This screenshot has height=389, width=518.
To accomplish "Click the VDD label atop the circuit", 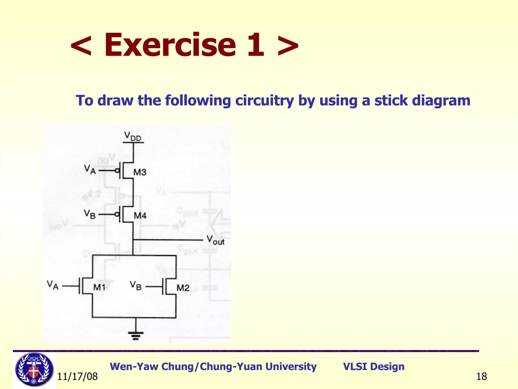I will (133, 136).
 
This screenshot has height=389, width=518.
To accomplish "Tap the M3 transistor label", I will (140, 172).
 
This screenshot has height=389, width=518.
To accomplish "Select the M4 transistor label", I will (140, 216).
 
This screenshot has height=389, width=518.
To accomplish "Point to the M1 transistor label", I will (99, 287).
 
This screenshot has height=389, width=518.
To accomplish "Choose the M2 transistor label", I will (183, 288).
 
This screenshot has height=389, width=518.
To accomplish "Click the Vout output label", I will (215, 240).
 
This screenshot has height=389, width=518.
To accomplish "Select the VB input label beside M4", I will (90, 214).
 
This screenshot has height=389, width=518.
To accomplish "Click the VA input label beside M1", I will (53, 285).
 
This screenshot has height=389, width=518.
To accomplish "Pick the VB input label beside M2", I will (136, 286).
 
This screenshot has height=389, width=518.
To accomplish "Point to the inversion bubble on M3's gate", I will (117, 171).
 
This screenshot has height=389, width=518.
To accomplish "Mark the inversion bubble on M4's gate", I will (117, 215).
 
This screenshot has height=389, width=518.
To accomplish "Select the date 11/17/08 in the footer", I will (77, 377).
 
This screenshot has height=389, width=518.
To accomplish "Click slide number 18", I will (481, 377).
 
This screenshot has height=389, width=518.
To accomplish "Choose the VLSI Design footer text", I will (374, 366).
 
